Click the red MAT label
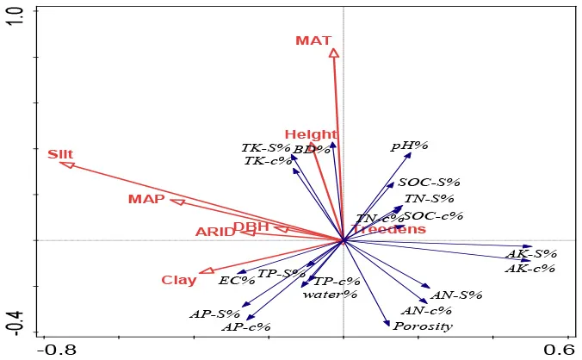[313, 40]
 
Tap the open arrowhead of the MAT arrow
[334, 53]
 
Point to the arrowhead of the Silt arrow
[66, 164]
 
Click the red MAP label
[146, 200]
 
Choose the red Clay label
[179, 280]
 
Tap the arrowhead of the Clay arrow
[206, 271]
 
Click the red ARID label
[214, 232]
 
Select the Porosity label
[423, 326]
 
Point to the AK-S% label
[531, 254]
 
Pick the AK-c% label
[530, 268]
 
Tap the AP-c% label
[246, 327]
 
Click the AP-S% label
[214, 313]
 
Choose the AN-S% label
[456, 295]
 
